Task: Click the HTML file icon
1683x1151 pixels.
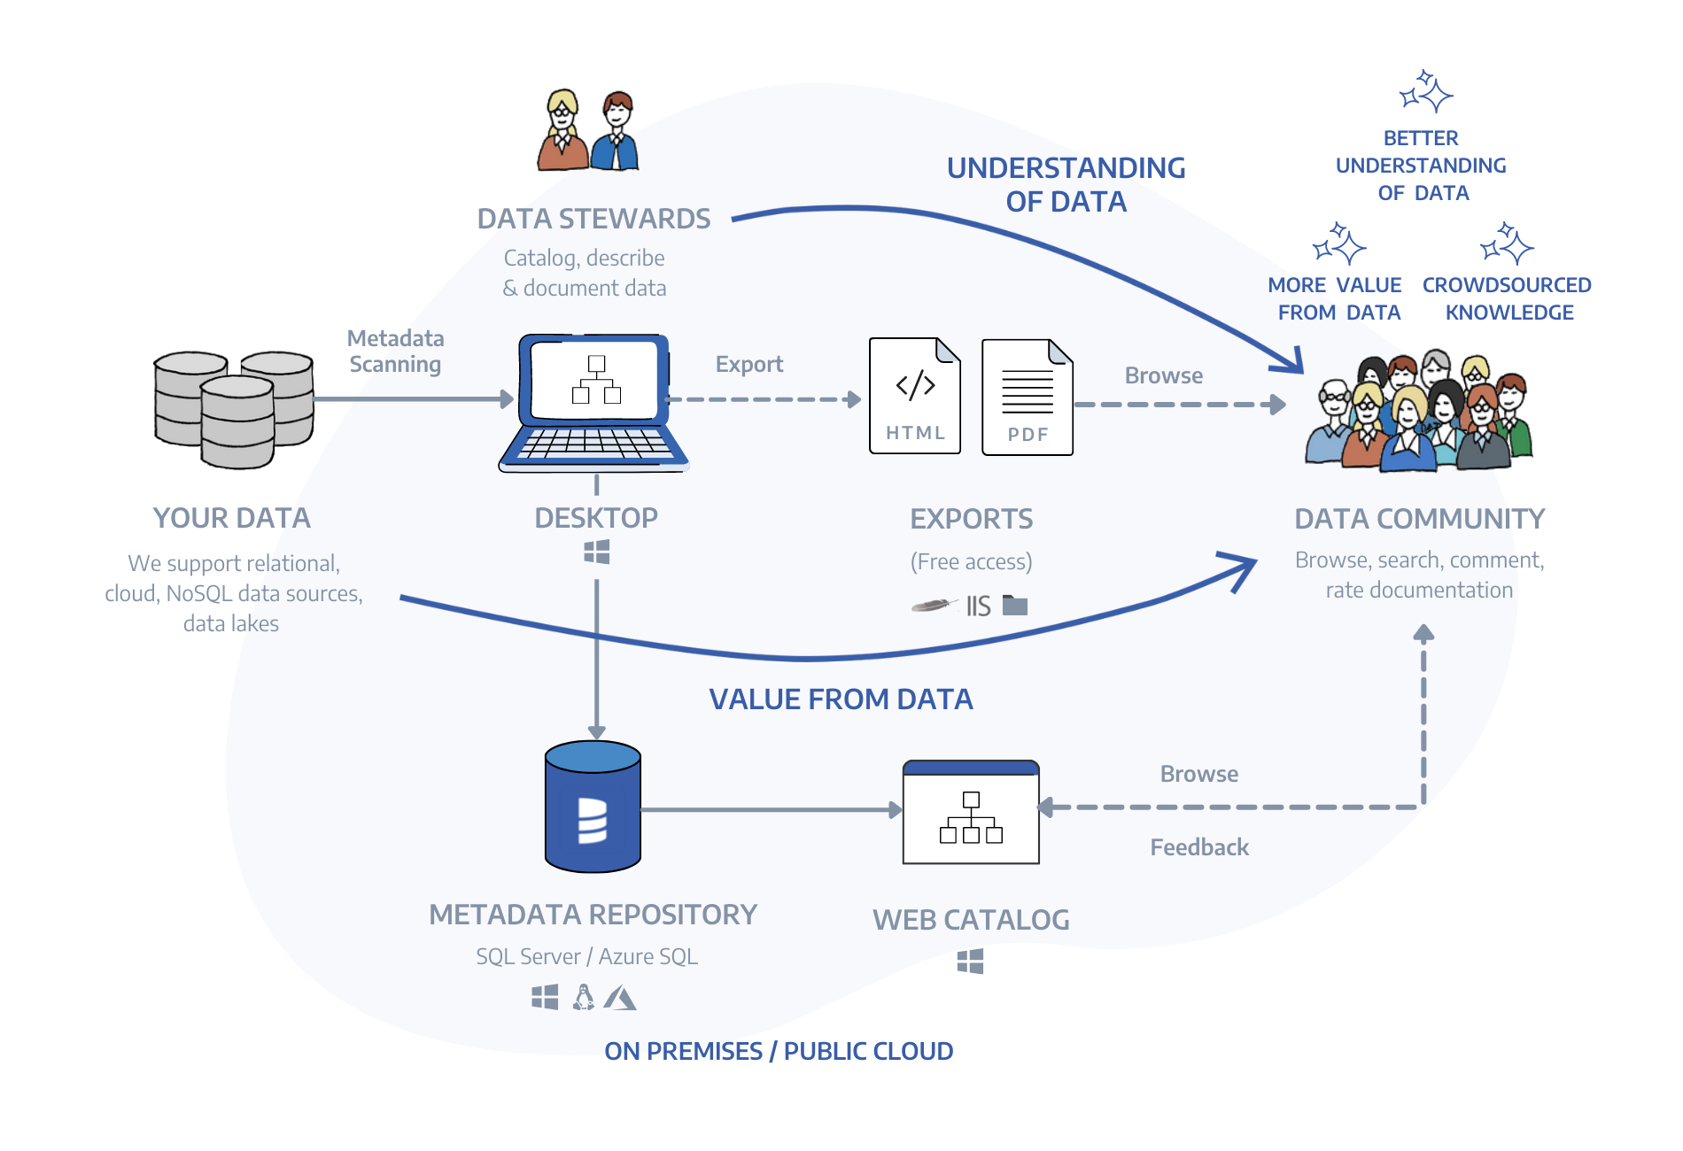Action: [915, 396]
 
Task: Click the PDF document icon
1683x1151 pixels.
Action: [1028, 398]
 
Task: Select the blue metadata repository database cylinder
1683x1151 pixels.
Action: [593, 807]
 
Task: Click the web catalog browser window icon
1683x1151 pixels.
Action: [971, 812]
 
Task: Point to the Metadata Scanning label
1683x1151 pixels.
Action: [395, 351]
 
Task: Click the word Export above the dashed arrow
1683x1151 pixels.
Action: [749, 364]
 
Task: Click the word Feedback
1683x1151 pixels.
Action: [1199, 847]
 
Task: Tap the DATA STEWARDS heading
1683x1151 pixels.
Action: [593, 219]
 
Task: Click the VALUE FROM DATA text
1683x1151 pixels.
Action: [841, 699]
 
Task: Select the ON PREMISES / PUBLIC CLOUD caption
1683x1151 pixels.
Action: [779, 1051]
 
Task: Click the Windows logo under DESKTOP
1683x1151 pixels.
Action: [597, 552]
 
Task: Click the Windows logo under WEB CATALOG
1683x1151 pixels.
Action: [971, 962]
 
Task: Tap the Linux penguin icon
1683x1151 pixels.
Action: [583, 998]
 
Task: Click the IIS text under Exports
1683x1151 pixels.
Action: [978, 606]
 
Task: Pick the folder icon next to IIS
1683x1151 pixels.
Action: [1015, 606]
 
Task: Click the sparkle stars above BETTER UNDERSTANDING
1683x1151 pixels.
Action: [1425, 91]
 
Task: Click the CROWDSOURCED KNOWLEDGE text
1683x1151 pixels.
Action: [1507, 298]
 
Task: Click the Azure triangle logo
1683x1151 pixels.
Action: [620, 999]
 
